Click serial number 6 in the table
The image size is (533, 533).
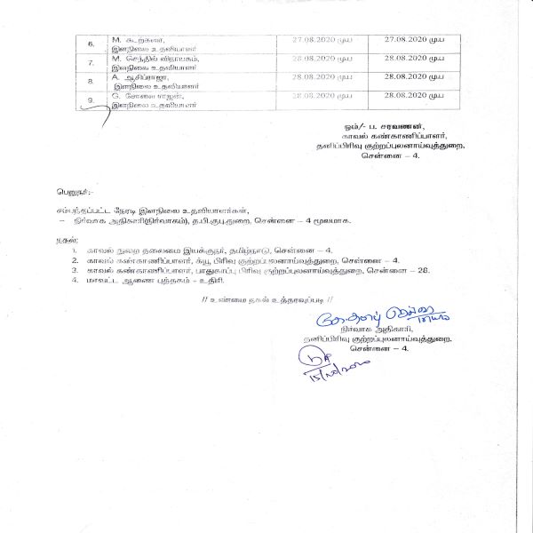click(x=90, y=43)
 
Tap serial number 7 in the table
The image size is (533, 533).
click(x=90, y=62)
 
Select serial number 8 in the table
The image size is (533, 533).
click(x=90, y=81)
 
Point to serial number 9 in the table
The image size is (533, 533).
click(x=90, y=100)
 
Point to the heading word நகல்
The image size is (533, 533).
click(x=65, y=240)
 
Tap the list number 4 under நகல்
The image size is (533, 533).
click(x=75, y=281)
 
